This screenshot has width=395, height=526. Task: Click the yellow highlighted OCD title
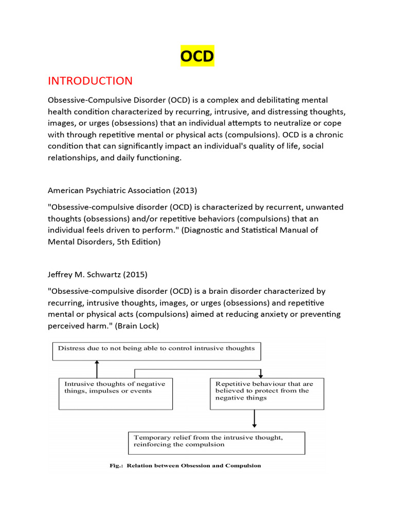(x=197, y=55)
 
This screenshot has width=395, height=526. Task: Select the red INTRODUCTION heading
(x=90, y=81)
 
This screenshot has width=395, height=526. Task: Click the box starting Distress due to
(x=156, y=351)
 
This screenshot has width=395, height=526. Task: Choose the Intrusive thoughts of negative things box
(x=115, y=394)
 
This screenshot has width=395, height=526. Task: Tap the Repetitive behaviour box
(x=267, y=394)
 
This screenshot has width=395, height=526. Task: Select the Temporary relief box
(x=216, y=442)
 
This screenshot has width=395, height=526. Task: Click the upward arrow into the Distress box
(x=97, y=369)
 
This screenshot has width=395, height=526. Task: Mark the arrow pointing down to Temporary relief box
(x=255, y=420)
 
